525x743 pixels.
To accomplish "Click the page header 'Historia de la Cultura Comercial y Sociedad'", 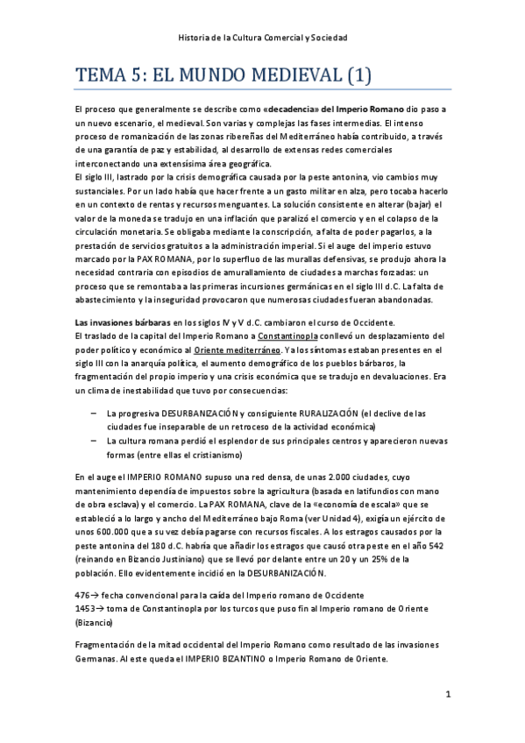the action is point(262,38).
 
